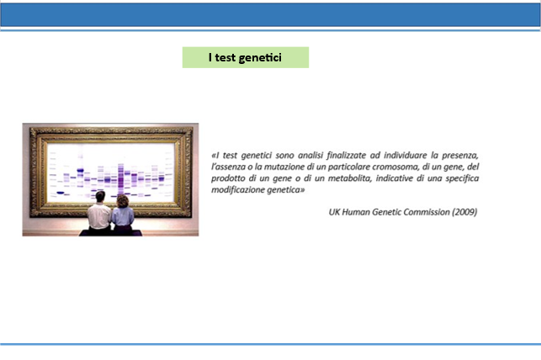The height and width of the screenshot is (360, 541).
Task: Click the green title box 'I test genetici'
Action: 246,57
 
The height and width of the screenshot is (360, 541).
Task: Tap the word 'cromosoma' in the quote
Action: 395,167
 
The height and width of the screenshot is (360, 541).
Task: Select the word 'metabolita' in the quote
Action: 349,178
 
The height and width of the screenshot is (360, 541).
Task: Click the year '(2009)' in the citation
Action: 464,212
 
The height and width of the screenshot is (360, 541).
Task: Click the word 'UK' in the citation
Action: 334,212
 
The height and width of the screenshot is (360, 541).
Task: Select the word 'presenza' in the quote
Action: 460,156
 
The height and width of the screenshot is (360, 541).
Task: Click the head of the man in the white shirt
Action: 100,197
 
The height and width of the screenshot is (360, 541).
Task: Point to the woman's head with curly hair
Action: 123,201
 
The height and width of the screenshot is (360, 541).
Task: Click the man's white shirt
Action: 99,216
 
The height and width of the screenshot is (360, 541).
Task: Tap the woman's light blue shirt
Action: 123,216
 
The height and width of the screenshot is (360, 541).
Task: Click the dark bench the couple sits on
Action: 110,233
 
